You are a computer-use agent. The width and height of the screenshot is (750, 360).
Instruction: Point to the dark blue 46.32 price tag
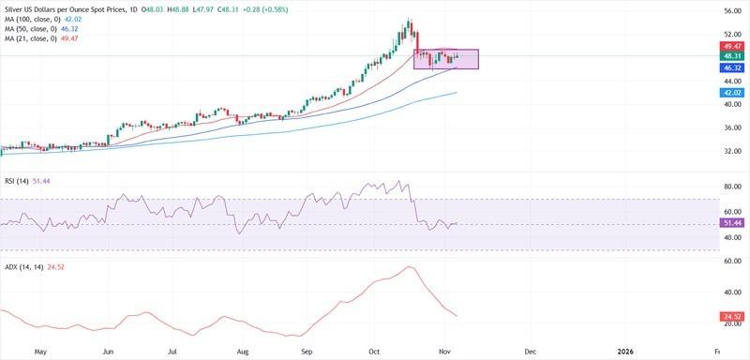(732, 68)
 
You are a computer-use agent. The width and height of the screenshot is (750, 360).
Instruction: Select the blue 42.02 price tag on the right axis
(732, 94)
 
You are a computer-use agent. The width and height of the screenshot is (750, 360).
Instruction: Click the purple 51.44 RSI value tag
(732, 223)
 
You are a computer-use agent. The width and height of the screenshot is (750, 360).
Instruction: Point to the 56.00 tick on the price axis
(732, 10)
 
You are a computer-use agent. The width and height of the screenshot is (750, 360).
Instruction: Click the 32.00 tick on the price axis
(732, 151)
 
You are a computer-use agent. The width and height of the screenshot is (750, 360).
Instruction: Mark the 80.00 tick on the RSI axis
(732, 187)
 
